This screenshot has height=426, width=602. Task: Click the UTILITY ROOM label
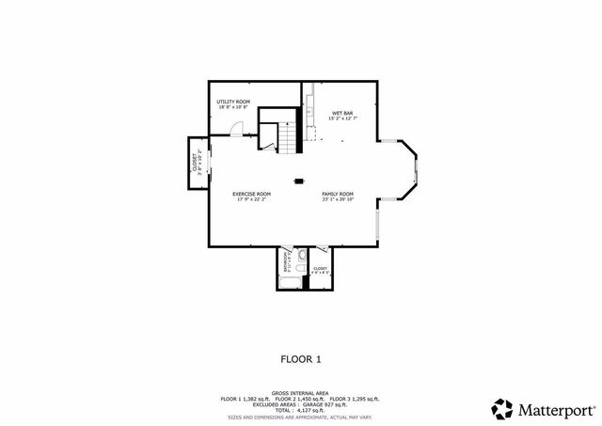click(x=233, y=102)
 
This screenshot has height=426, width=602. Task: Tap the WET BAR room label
click(x=341, y=114)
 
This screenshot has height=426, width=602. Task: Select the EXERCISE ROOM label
click(x=252, y=195)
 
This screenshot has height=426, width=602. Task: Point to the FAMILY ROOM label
click(x=338, y=195)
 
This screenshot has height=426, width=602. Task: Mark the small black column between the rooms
click(x=300, y=181)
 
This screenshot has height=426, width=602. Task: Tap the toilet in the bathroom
click(x=301, y=257)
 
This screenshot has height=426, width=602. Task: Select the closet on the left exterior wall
click(x=197, y=163)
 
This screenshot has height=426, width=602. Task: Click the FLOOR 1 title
click(x=301, y=358)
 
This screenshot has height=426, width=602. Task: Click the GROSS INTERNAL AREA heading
click(x=301, y=393)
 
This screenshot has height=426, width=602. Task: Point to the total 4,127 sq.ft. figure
click(x=301, y=410)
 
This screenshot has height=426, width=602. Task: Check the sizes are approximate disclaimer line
click(x=301, y=416)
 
